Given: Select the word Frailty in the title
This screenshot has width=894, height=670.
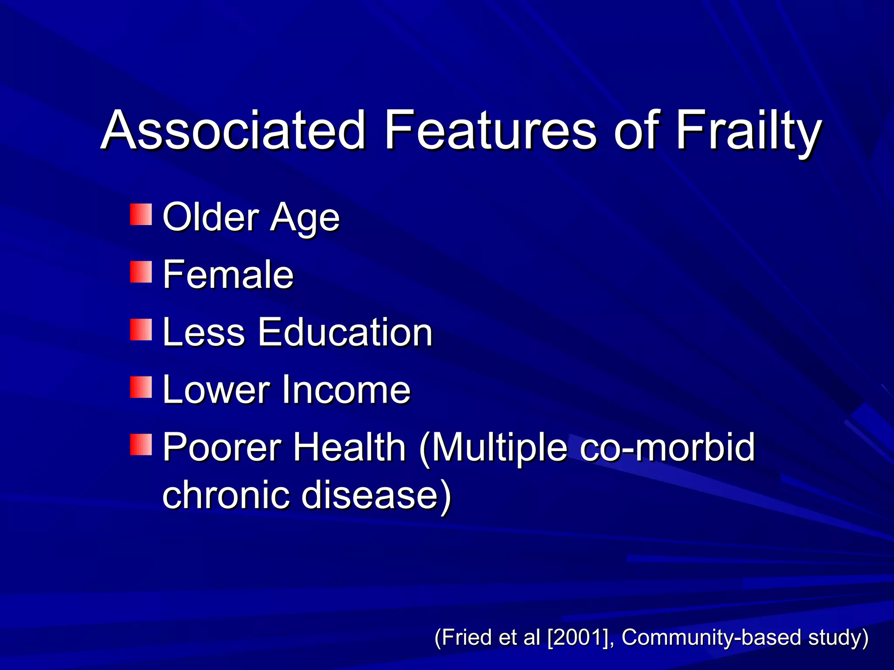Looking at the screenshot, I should (x=748, y=131).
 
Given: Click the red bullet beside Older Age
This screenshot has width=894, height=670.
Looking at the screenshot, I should (x=141, y=214).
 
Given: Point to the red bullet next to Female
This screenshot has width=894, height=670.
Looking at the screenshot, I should (x=141, y=272).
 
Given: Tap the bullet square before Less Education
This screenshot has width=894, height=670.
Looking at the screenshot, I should (x=141, y=329).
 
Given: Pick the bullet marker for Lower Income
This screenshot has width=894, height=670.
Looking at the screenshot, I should (x=141, y=387).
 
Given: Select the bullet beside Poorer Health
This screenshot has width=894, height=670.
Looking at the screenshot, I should (x=141, y=444).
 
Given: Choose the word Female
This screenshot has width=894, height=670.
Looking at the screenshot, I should (x=228, y=274).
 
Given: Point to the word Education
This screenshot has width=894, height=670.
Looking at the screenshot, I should (x=345, y=332).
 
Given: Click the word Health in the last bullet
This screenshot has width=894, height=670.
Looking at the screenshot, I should (x=349, y=447).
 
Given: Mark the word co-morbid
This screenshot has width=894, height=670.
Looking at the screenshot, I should (x=667, y=447).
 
